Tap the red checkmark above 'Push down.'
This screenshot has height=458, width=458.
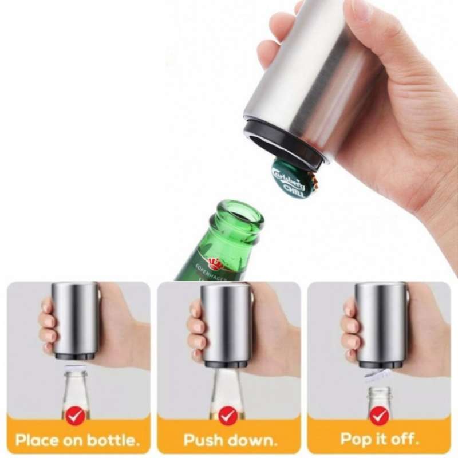click(x=228, y=415)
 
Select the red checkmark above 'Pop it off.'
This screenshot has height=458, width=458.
click(x=379, y=415)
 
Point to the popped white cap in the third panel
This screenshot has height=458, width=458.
click(x=378, y=375)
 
